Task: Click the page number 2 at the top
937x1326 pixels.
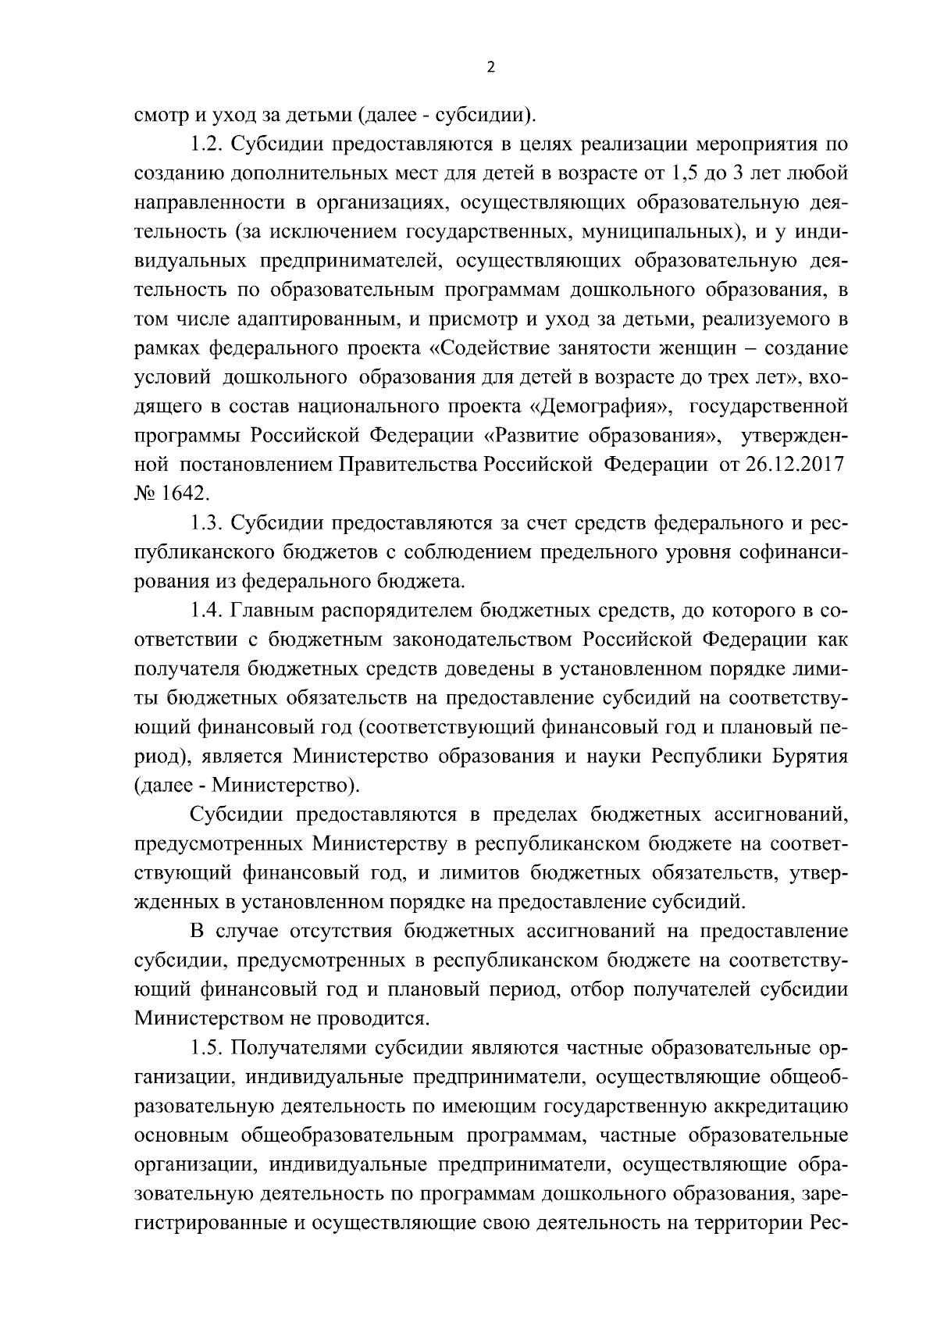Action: click(x=490, y=68)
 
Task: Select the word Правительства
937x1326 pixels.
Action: click(x=408, y=464)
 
